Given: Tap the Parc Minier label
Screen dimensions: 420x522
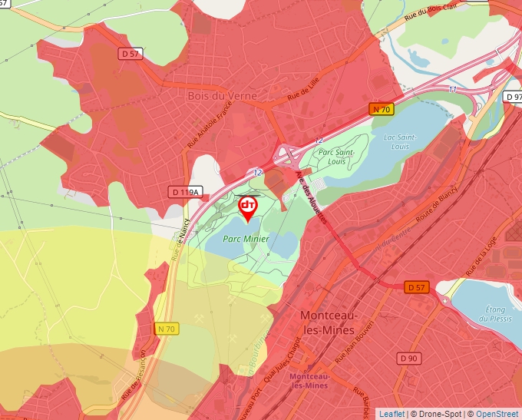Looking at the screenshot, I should click(246, 239).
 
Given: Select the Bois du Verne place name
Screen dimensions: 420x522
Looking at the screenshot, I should click(222, 96).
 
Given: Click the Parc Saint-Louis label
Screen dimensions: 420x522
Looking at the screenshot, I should click(335, 157).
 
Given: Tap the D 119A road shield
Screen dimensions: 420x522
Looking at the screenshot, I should click(184, 192).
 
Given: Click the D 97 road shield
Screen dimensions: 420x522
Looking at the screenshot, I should click(513, 98).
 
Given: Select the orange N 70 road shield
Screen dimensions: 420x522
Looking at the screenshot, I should click(382, 109).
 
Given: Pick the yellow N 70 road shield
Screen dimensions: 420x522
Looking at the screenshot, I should click(166, 329).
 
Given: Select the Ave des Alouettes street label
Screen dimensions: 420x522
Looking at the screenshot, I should click(312, 197).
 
